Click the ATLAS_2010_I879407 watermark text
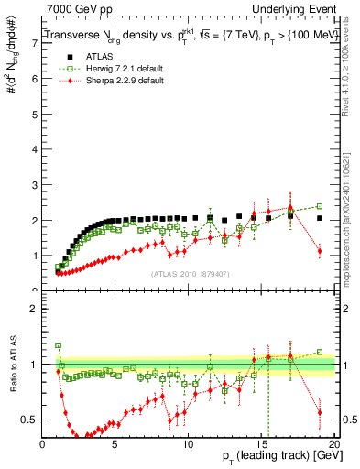coord(189,272)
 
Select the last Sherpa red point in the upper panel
coord(320,251)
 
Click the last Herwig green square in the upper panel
coord(320,206)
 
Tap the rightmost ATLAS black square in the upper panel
coord(320,218)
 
